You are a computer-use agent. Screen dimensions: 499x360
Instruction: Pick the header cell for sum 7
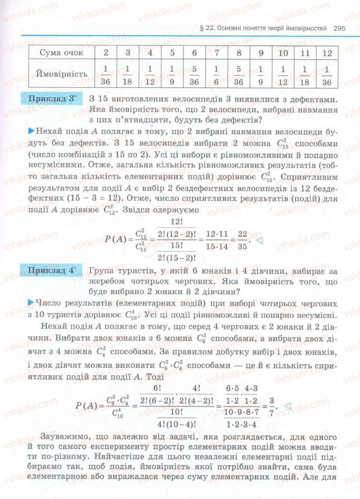[216, 53]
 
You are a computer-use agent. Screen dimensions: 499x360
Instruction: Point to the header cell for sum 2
[106, 53]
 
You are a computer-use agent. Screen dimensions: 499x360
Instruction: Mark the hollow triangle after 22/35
[259, 240]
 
